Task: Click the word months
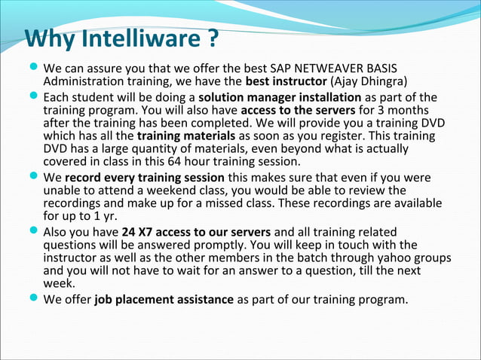click(x=418, y=111)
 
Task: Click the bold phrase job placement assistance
click(x=164, y=300)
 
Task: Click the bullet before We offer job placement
click(x=35, y=300)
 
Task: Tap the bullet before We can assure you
click(x=35, y=67)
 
